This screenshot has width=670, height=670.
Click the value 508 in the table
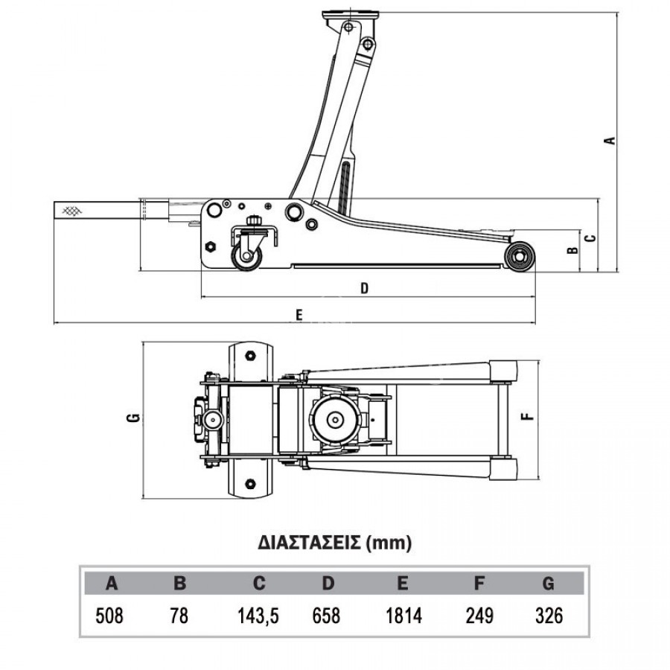coord(109,616)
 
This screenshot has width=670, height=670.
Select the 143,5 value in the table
coord(258,616)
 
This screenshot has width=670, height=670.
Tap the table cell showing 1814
coord(403,616)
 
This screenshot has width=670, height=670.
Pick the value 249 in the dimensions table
coord(479,616)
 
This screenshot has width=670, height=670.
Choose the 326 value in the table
coord(549,616)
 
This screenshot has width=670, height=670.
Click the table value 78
coord(179,616)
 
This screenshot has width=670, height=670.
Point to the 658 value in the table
coord(327,616)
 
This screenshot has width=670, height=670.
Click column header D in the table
coord(328,583)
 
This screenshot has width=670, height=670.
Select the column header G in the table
coord(548,583)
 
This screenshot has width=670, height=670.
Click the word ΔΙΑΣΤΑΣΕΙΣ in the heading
coord(310,543)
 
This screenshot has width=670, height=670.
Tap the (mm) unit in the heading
coord(389,543)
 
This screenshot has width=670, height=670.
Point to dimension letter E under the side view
coord(299,315)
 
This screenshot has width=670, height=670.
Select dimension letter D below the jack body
coord(364,288)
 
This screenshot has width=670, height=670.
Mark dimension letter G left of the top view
coord(133,418)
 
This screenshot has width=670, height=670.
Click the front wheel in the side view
coord(520,256)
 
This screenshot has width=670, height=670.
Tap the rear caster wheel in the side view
coord(246,256)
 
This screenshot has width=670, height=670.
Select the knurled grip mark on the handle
coord(71,211)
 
